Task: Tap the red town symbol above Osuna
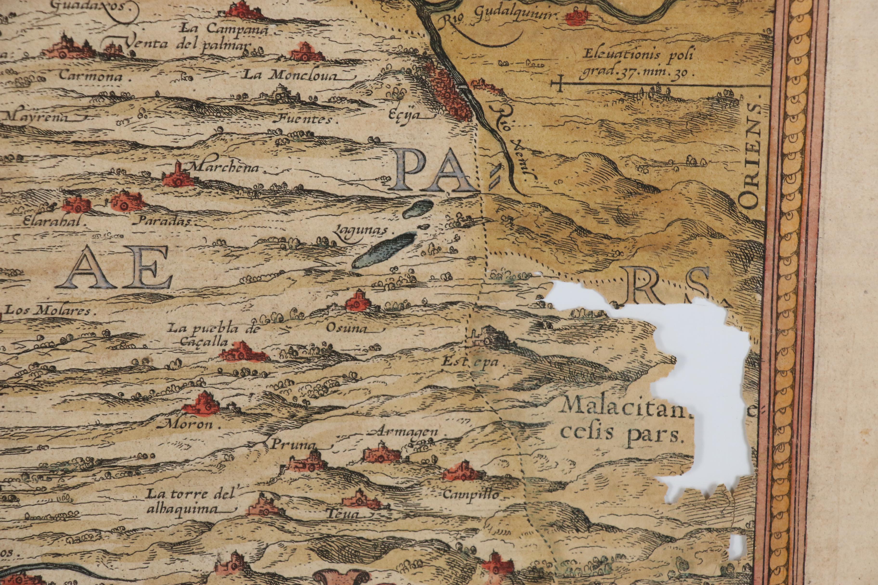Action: (x=357, y=301)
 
